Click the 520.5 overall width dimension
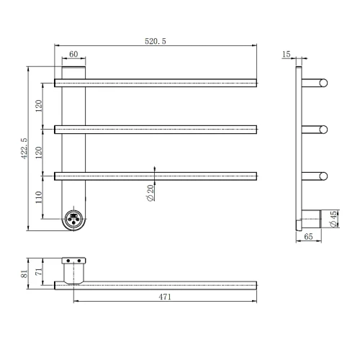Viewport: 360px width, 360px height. [156, 41]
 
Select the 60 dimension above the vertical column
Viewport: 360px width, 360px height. [73, 54]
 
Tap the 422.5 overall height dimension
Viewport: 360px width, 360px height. [24, 148]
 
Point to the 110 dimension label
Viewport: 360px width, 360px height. [39, 197]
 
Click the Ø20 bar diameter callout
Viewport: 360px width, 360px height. [150, 193]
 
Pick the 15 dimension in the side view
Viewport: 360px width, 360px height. [286, 54]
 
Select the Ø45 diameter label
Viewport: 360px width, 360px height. [333, 219]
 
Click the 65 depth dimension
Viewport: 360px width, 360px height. [308, 237]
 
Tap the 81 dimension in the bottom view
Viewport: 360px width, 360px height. [24, 274]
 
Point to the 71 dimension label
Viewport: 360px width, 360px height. [39, 271]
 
